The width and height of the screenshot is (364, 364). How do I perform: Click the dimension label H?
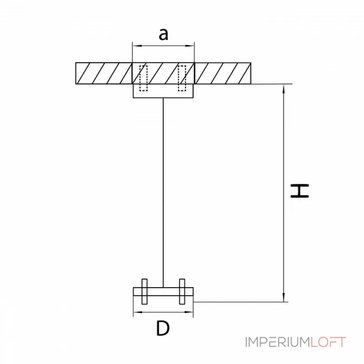point(300,191)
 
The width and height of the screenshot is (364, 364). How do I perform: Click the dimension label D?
point(162,328)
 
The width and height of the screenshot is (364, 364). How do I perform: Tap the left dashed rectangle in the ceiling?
point(143,78)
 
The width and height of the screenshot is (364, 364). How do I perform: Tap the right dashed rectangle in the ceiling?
point(182,78)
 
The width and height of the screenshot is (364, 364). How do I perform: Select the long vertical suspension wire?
point(163,191)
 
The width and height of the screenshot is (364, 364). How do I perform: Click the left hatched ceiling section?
point(104,73)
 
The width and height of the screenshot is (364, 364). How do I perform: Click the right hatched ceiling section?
point(222,73)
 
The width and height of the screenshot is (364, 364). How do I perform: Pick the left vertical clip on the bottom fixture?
point(144,291)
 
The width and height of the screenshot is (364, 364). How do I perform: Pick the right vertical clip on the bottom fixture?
point(182,291)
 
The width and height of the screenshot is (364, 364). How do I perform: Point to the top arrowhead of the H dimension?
point(285,88)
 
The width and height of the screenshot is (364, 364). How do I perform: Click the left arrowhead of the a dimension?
point(136,45)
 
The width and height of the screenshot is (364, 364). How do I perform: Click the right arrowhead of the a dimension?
point(191,45)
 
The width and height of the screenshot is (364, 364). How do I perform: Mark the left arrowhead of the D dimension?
point(136,313)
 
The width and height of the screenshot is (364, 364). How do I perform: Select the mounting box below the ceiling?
point(163,91)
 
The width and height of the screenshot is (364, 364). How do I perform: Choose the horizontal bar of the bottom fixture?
point(163,292)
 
